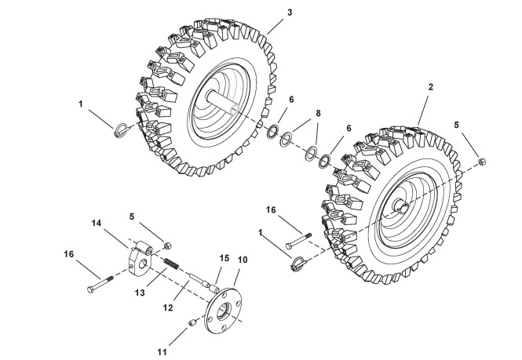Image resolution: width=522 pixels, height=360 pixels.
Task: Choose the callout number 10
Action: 243,259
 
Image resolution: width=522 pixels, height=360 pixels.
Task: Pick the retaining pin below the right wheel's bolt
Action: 298,263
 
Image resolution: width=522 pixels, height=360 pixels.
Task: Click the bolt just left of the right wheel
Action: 297,234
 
